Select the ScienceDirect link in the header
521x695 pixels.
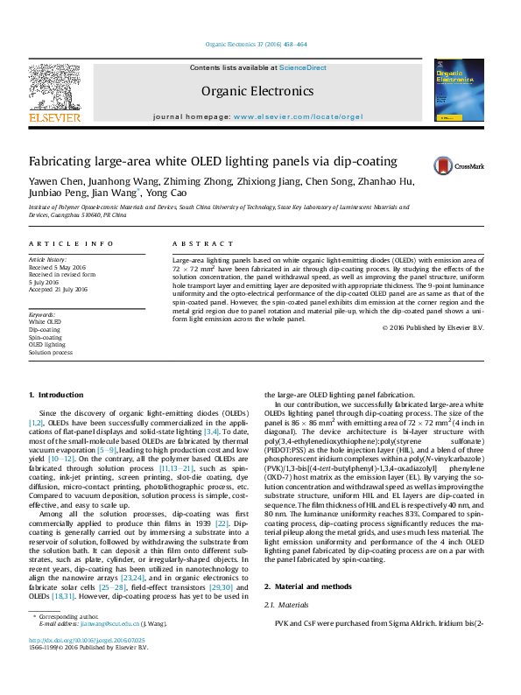(x=303, y=67)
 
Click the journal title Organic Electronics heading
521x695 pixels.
(x=257, y=90)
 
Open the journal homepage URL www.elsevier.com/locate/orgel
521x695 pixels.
(x=298, y=116)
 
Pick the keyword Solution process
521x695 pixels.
(x=51, y=352)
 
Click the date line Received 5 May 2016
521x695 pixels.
(x=57, y=266)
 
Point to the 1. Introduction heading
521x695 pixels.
(x=56, y=396)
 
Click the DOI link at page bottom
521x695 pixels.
(x=85, y=664)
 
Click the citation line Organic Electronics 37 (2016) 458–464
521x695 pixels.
(x=256, y=44)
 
